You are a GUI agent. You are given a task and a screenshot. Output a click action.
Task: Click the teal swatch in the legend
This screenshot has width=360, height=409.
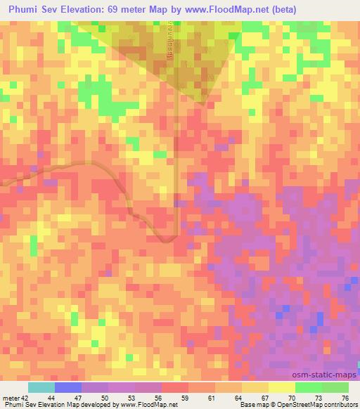point(41,387)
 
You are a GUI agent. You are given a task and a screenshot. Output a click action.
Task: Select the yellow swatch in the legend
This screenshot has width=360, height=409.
point(281,387)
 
